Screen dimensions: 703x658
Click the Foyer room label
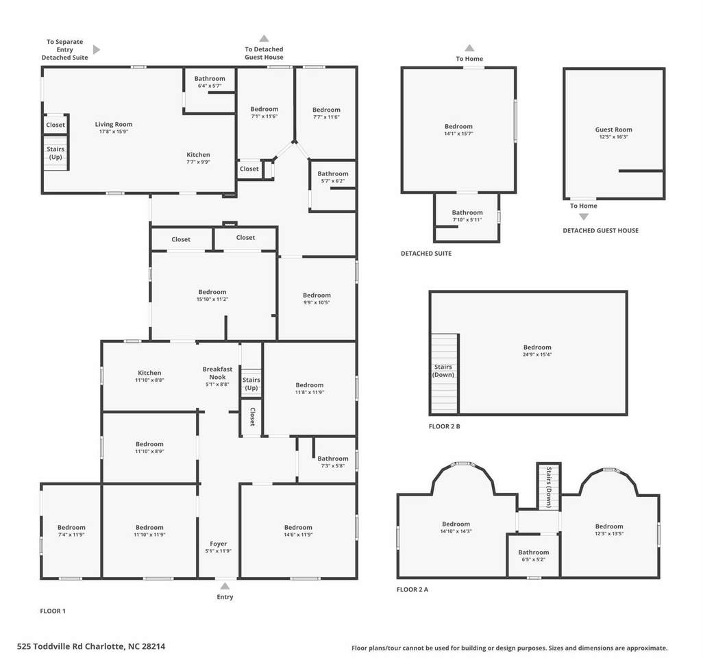219,544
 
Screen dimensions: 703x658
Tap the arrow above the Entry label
225,586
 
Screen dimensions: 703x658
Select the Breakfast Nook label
217,373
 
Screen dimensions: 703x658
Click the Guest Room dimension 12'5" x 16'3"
614,137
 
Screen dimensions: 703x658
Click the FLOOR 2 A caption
412,589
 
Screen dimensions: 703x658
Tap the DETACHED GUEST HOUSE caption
601,230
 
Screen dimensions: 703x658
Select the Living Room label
114,124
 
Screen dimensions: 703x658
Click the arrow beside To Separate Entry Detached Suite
97,49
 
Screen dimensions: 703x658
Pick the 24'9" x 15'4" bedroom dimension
538,354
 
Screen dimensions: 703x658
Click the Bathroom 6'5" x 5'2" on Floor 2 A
534,552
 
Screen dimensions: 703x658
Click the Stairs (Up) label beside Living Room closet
56,153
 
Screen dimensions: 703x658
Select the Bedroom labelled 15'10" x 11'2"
212,292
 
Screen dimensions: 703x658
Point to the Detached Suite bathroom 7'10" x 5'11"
467,212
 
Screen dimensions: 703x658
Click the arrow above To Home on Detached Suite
469,48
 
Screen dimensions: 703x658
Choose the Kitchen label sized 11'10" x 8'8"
149,373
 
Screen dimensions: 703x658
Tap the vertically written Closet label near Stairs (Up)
252,417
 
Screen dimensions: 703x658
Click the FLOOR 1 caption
53,611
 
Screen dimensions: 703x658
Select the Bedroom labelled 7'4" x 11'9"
71,528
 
